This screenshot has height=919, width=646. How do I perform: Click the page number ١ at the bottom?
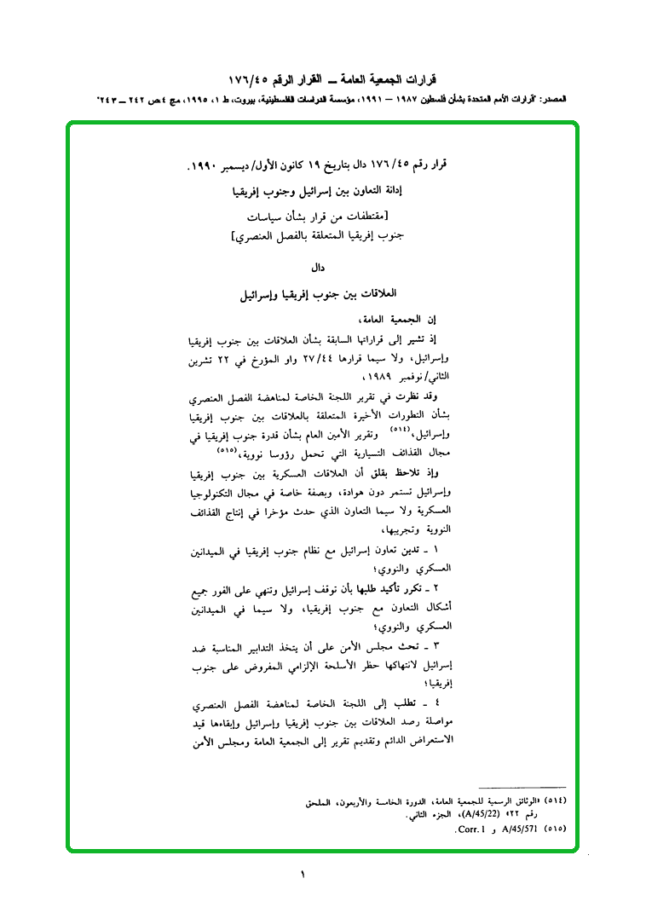302,873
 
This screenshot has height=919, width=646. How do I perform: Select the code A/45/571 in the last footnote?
516,828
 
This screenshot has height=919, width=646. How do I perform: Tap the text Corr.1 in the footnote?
470,828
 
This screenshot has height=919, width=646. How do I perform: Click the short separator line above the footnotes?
522,787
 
